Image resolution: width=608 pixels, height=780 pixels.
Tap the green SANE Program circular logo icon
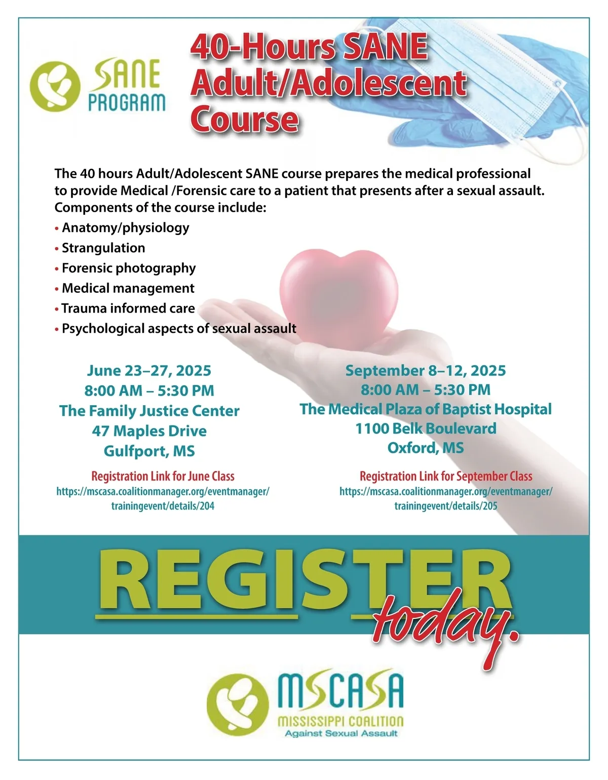coord(55,86)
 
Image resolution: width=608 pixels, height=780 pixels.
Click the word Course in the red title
coord(244,119)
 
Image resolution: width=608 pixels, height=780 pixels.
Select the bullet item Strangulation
coord(103,248)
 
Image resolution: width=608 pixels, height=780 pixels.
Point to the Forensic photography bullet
coord(129,268)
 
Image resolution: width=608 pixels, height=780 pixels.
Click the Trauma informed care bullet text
coord(128,308)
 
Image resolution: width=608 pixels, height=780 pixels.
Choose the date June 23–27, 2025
coord(149,371)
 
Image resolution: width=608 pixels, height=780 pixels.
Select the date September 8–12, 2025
coord(426,371)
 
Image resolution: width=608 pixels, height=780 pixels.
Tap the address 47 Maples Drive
coord(149,431)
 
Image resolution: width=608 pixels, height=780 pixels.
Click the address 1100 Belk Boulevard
coord(426,428)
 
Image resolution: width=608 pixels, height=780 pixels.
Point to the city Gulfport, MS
coord(149,451)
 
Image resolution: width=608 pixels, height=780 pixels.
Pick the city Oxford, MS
coord(426,448)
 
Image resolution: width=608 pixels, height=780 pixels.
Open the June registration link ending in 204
coord(163,498)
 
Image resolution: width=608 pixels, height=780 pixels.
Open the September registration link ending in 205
coord(446,498)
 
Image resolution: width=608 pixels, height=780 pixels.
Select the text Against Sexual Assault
coord(341,733)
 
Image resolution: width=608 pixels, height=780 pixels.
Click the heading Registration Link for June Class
coord(163,476)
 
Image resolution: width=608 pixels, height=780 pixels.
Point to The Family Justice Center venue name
coord(149,411)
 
